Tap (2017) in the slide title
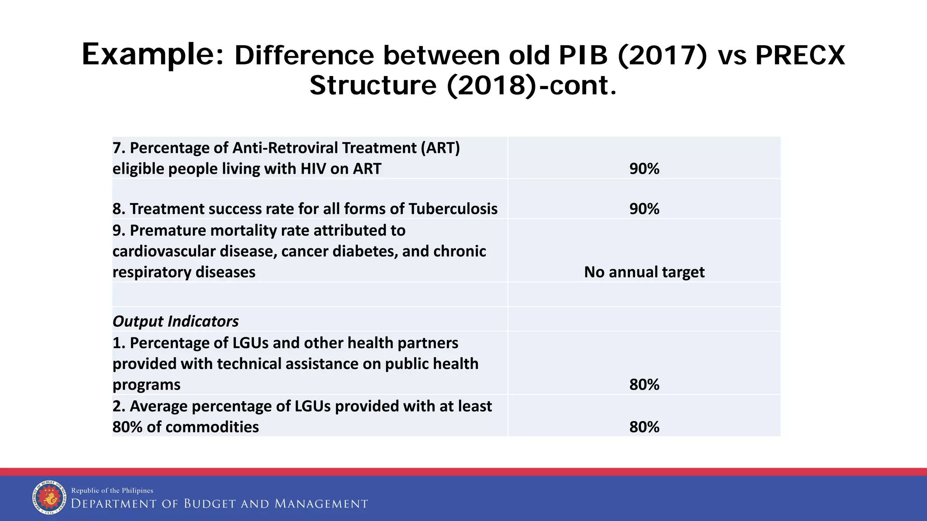[x=662, y=56]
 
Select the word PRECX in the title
[x=800, y=56]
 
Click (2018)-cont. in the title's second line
[x=530, y=85]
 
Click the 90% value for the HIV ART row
[x=644, y=169]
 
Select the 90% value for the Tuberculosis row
[x=644, y=209]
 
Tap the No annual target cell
[x=644, y=272]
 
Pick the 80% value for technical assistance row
[x=644, y=384]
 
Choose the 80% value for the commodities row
[x=644, y=427]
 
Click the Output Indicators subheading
[x=176, y=321]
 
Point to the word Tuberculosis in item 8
[x=453, y=209]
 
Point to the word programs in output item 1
[x=146, y=384]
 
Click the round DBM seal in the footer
[x=49, y=497]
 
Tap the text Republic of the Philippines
[x=112, y=491]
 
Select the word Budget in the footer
[x=210, y=504]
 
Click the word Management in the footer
[x=321, y=504]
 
